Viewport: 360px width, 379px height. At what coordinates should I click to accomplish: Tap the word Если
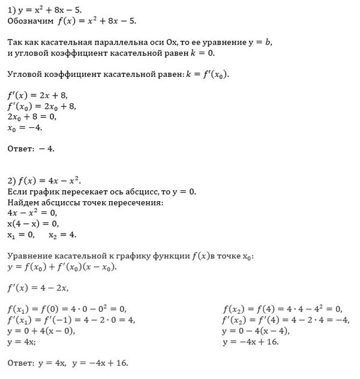point(18,192)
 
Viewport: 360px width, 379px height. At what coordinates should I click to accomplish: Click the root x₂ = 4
point(62,234)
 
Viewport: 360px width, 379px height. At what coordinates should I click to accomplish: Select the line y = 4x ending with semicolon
point(22,342)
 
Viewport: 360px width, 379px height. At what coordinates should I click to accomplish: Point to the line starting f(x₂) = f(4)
point(282,309)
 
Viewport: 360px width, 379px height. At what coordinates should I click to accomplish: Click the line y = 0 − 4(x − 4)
point(256,331)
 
